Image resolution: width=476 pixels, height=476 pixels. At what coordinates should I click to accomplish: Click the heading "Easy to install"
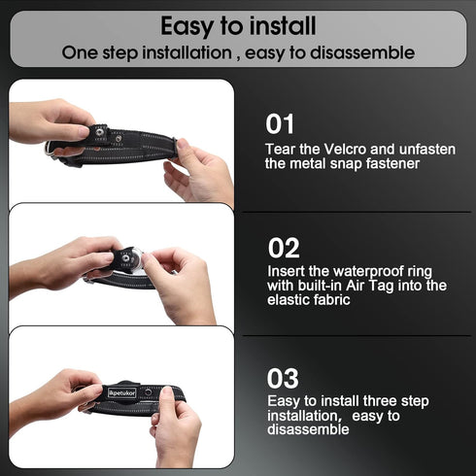point(238,24)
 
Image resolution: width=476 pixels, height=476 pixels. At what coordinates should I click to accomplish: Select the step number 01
point(280,124)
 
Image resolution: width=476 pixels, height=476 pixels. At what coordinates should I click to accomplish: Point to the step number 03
point(284,378)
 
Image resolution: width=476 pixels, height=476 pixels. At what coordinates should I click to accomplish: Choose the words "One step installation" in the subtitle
point(146,52)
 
